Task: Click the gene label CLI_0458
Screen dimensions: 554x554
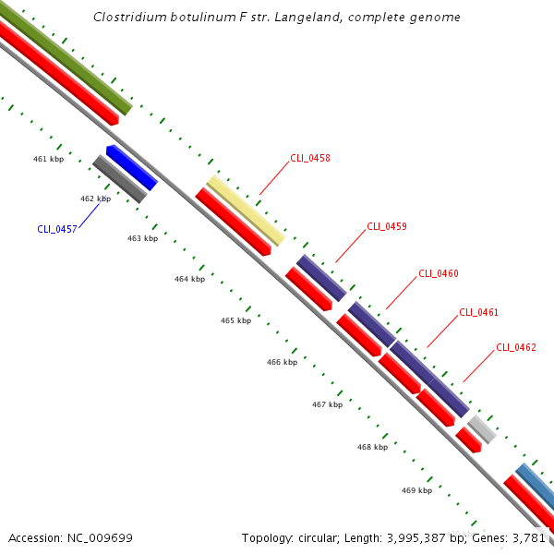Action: click(x=310, y=158)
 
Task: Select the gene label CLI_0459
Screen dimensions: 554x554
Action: click(x=387, y=226)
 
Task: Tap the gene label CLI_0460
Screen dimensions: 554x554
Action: click(x=439, y=273)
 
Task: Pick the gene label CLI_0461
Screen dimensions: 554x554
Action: click(x=478, y=312)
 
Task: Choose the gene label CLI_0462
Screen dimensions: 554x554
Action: click(x=516, y=347)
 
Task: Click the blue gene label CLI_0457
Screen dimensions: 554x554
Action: click(x=57, y=229)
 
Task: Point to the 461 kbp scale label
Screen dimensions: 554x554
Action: click(x=48, y=160)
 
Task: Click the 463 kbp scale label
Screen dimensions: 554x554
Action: click(x=142, y=238)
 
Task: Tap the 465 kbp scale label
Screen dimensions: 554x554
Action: click(x=235, y=320)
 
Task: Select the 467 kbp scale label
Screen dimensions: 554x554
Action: click(x=327, y=404)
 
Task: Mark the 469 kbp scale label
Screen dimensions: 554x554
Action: click(x=416, y=490)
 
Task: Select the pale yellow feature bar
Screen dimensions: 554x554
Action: click(x=245, y=211)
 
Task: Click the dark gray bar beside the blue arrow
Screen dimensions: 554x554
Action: click(x=119, y=179)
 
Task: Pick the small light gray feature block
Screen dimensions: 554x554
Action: click(x=482, y=428)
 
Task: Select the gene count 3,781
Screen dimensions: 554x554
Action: click(x=529, y=537)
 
